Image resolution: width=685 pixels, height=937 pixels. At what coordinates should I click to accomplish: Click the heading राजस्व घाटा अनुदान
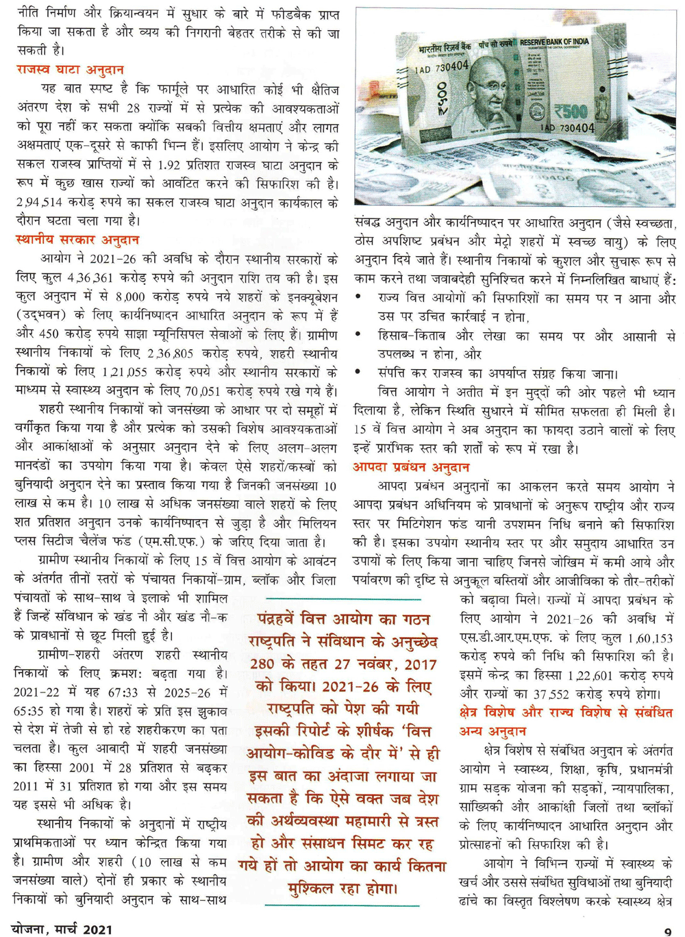(x=70, y=70)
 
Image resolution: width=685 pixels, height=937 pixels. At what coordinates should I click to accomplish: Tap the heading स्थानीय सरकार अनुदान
(x=77, y=240)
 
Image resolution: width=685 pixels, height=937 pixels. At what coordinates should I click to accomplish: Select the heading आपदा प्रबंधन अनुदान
(x=411, y=467)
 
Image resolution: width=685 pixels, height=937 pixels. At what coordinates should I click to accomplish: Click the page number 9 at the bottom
(x=667, y=930)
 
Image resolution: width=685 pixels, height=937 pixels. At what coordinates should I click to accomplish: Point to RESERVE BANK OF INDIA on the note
(x=553, y=42)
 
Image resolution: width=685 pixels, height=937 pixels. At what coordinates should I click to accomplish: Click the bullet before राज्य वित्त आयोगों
(x=359, y=299)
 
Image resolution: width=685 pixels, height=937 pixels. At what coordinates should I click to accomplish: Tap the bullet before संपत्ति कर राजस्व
(x=359, y=373)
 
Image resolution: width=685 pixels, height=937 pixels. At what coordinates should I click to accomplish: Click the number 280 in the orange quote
(x=262, y=664)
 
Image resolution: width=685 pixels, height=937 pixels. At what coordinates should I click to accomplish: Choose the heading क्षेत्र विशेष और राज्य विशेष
(x=566, y=713)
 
